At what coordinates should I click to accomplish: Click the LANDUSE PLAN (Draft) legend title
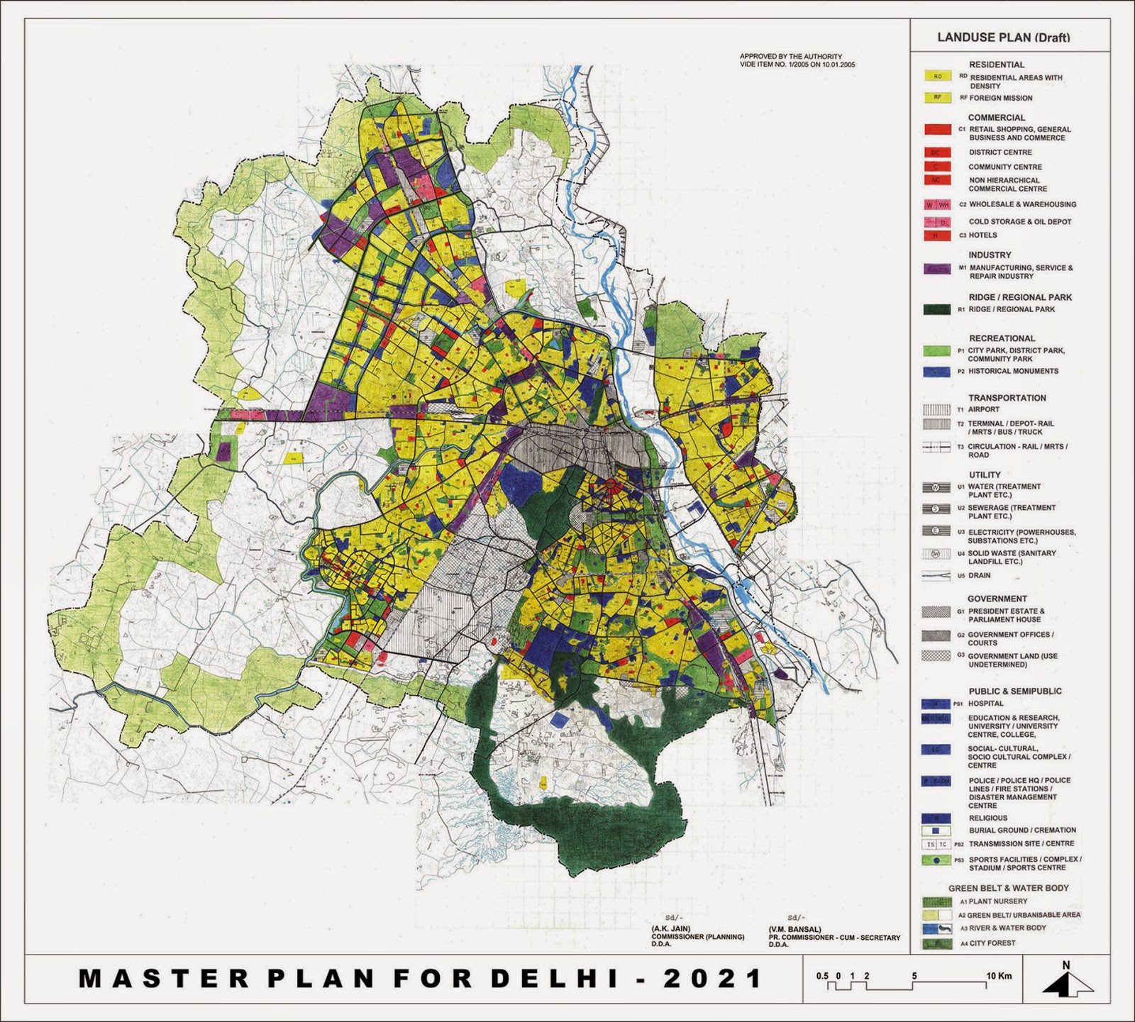point(1003,38)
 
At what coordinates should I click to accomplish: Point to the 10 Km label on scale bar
point(999,976)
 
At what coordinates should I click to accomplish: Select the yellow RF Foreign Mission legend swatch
point(937,98)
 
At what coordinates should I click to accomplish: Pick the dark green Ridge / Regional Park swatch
point(937,309)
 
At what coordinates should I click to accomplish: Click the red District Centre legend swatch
point(937,152)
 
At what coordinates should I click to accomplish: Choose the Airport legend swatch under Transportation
point(936,409)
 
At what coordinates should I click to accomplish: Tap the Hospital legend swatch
point(936,704)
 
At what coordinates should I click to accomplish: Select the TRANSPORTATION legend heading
point(1007,398)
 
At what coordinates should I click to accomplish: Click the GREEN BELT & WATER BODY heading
point(1008,887)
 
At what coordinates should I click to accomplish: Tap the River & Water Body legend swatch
point(936,928)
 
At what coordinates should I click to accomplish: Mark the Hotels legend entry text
point(982,235)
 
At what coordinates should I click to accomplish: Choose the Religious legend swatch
point(936,818)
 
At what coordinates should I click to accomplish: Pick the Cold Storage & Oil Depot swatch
point(937,222)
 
